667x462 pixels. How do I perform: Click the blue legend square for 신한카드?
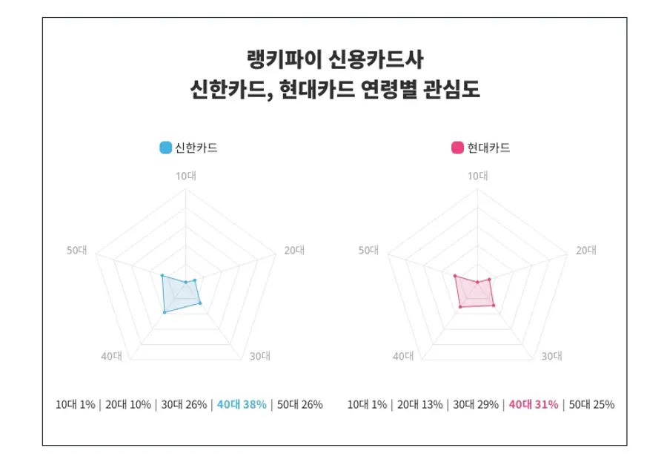point(166,148)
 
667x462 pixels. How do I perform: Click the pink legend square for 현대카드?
point(458,148)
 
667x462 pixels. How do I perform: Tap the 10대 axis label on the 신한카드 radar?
point(185,176)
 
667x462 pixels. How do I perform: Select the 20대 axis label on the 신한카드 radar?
point(294,250)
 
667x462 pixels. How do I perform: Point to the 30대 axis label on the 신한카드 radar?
point(259,356)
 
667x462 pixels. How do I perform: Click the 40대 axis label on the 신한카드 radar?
point(111,356)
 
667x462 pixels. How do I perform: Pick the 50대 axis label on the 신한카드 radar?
point(76,250)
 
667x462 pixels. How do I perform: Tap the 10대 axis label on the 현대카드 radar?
point(477,176)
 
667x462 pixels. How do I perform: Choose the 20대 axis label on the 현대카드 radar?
point(586,250)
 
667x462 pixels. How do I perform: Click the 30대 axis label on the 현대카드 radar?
point(551,356)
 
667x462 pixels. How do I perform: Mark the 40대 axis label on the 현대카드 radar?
point(403,356)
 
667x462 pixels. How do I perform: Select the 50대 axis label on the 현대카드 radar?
point(368,250)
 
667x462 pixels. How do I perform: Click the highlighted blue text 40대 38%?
point(242,405)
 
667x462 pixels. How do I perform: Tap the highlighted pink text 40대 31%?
point(534,405)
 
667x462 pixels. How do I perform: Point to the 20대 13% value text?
point(420,405)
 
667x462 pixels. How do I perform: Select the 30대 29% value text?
point(476,405)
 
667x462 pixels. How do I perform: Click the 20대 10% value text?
point(127,405)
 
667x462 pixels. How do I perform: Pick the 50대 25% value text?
point(591,405)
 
